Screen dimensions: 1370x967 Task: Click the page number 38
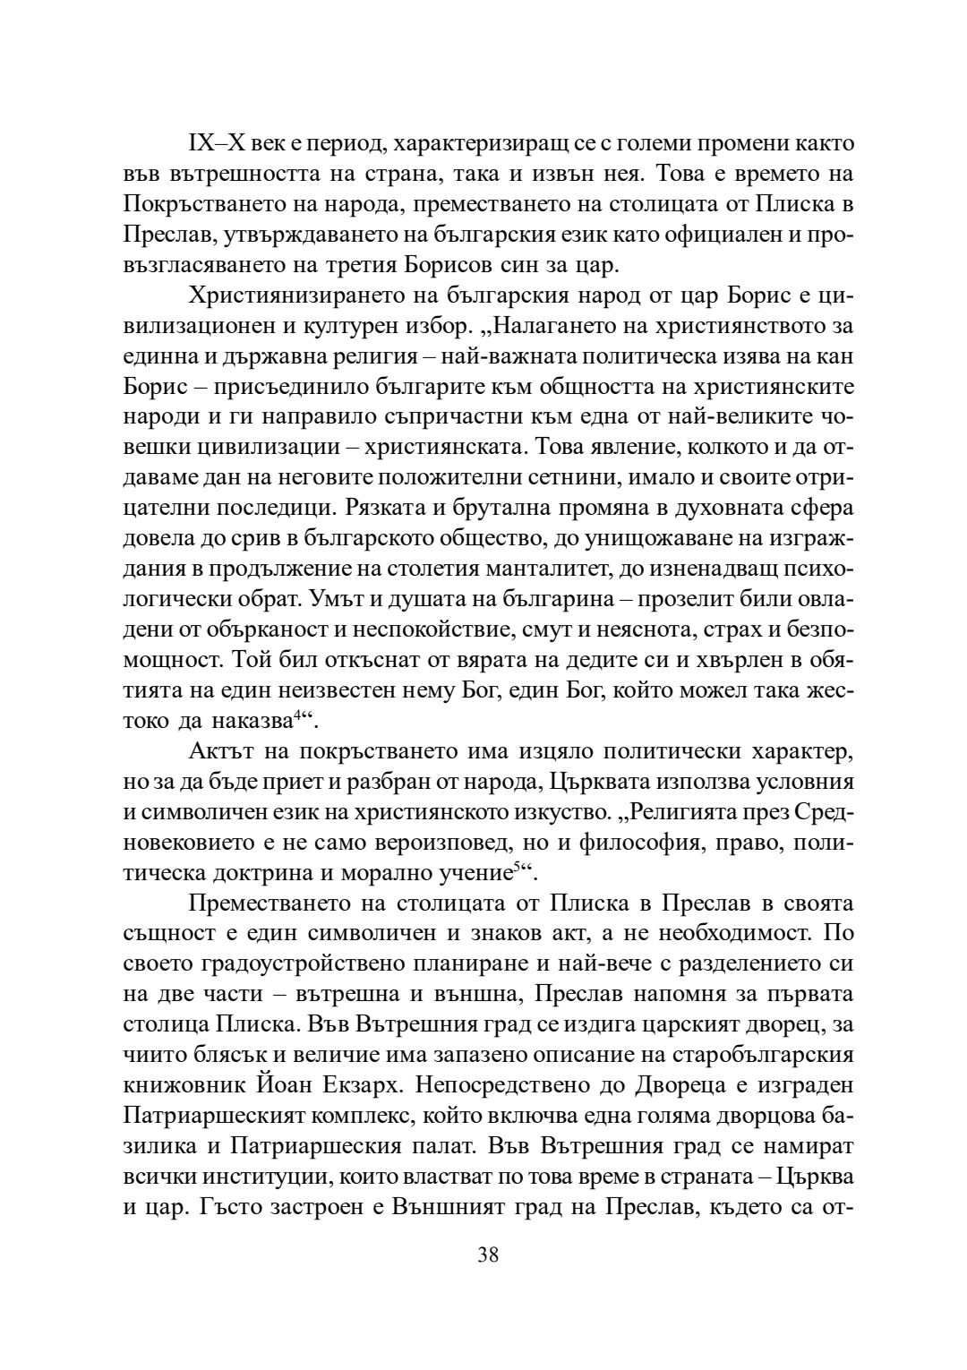click(x=488, y=1254)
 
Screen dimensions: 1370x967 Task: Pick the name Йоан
click(x=305, y=1084)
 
